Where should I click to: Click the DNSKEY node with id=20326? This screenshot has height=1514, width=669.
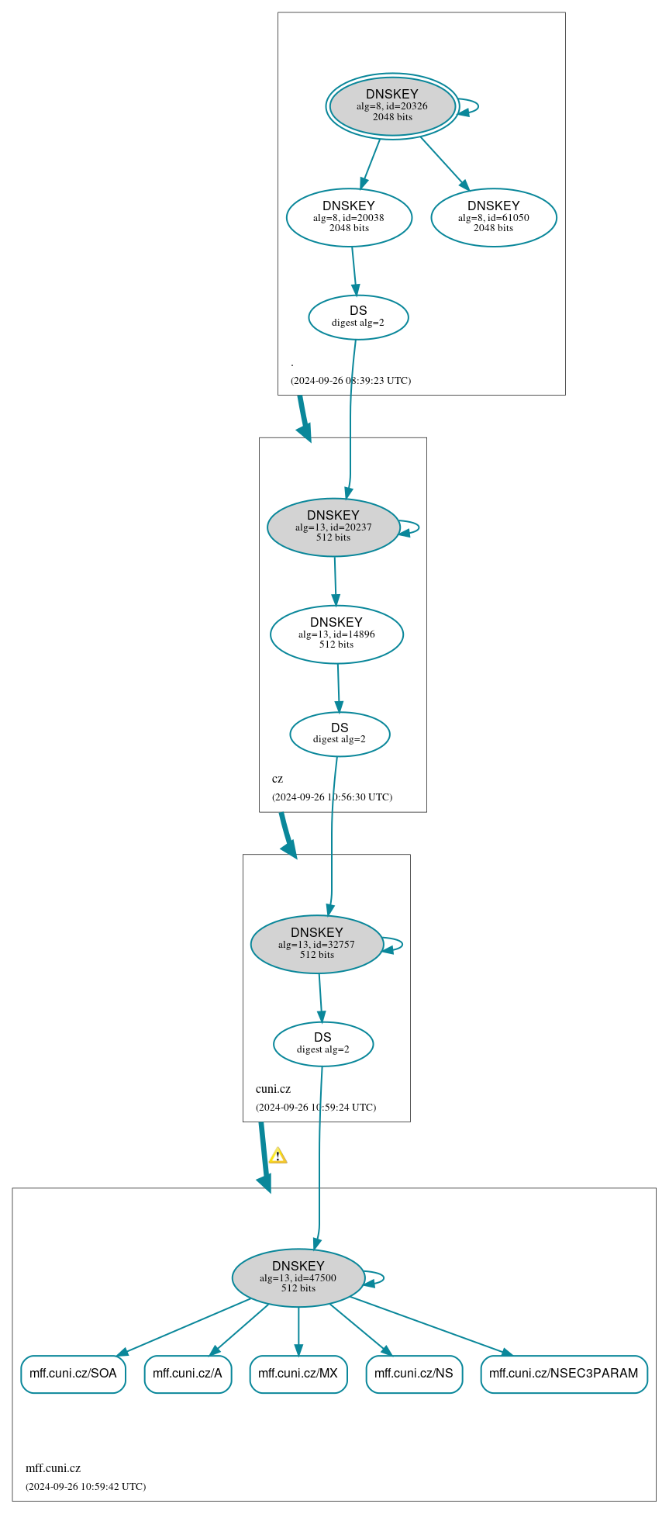[392, 106]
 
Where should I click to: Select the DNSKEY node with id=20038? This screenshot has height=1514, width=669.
[349, 218]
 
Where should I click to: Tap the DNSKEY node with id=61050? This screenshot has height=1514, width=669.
[494, 218]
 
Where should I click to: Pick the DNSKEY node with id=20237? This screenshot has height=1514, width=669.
[333, 527]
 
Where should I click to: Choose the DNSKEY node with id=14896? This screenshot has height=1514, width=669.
[336, 634]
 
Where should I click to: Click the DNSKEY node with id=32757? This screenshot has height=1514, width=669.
[317, 945]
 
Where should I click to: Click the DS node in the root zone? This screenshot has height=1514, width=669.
[358, 317]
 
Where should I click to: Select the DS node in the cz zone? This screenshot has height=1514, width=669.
[340, 734]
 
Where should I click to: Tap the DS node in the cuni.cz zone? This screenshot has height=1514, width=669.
[323, 1044]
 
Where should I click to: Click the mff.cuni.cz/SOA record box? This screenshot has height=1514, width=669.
[73, 1374]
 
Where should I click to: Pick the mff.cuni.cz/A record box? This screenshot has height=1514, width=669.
[188, 1374]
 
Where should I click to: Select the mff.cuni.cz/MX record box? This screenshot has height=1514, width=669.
[298, 1374]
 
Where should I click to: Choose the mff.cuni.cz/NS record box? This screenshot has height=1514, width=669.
[414, 1374]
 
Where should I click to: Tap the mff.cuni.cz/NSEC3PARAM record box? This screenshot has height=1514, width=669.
[564, 1374]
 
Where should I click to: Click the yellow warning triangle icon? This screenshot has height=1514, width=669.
[278, 1156]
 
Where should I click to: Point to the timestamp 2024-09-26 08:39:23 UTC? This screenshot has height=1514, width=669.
[350, 381]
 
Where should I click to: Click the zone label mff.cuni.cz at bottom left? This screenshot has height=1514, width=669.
[53, 1468]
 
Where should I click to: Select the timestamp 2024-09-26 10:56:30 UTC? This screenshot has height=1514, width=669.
[332, 797]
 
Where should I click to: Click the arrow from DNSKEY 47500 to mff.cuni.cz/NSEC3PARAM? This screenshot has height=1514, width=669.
[431, 1326]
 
